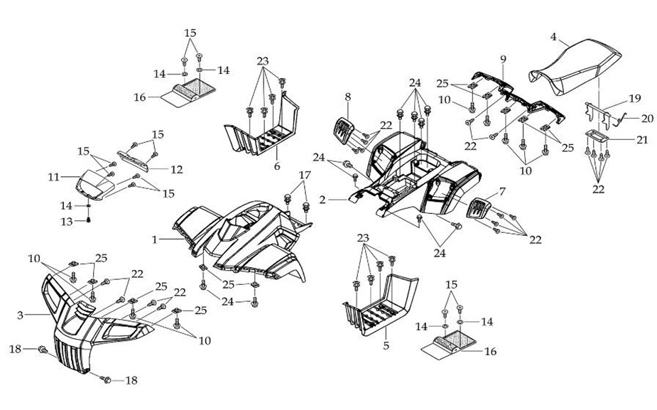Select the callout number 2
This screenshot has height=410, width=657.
coord(322,201)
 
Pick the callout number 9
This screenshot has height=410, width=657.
coord(502,58)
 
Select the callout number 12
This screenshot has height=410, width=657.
coord(177,169)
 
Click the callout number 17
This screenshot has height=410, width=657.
coord(304,175)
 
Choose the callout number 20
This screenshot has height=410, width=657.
coord(647,118)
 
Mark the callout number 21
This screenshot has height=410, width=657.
coord(642,141)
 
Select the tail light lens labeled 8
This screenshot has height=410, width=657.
coord(343,132)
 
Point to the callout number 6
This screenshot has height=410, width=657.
coord(277,166)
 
